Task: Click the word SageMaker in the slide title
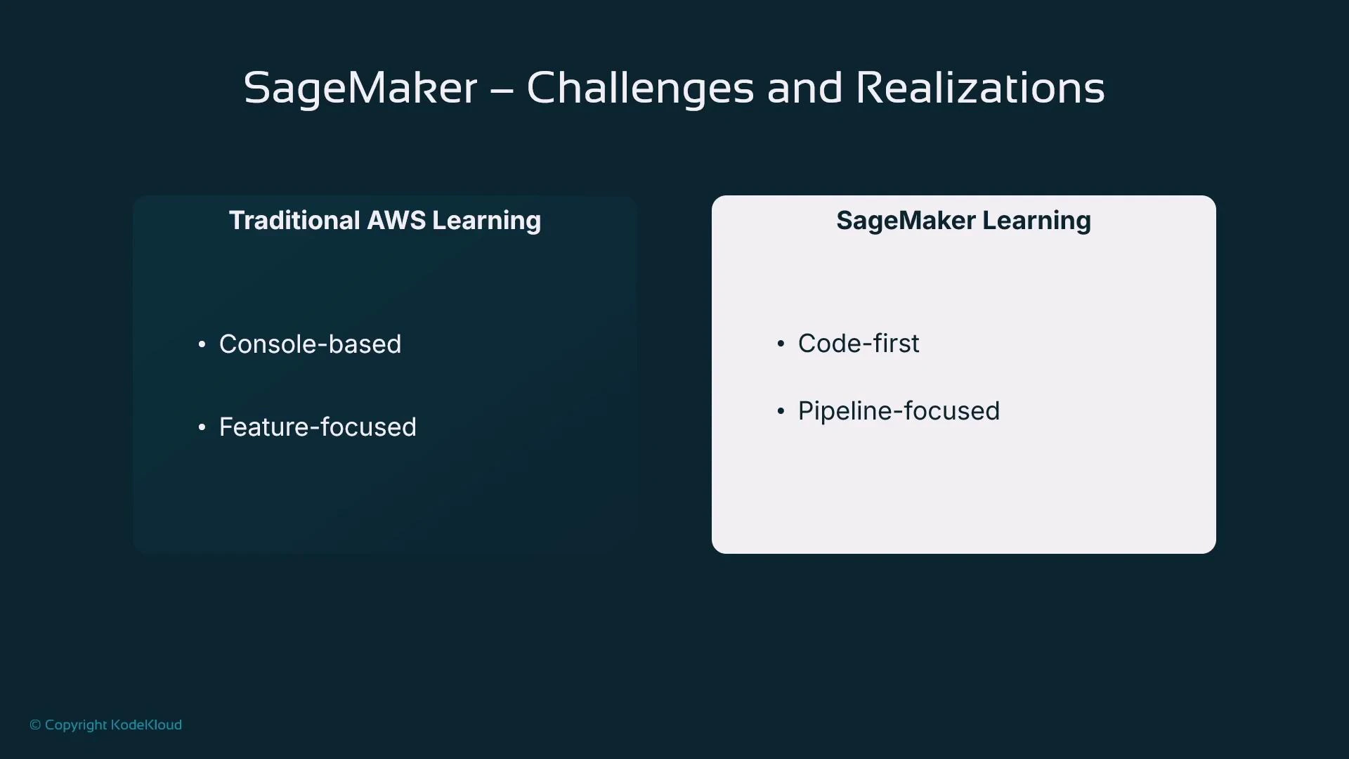[360, 89]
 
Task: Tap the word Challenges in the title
[639, 89]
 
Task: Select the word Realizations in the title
[980, 89]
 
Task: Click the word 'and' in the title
[804, 89]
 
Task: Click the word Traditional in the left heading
[294, 221]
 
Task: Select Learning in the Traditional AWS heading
[486, 221]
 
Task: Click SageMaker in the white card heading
[906, 221]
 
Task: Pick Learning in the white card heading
[1036, 221]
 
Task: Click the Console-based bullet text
[310, 344]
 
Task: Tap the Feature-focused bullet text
[318, 427]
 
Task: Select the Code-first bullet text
[858, 344]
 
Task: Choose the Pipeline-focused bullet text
[899, 411]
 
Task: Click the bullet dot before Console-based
[202, 344]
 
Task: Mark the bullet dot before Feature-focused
[202, 427]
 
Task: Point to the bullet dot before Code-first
[781, 344]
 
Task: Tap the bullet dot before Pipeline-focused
[781, 411]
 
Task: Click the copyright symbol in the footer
[35, 725]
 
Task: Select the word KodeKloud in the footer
[146, 725]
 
